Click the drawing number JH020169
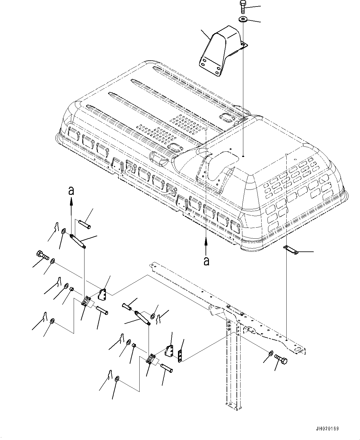click(x=327, y=429)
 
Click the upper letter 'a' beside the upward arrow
click(x=71, y=191)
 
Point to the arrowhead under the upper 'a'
click(x=71, y=202)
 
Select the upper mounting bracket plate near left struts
click(x=102, y=294)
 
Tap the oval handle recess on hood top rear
click(x=225, y=118)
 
